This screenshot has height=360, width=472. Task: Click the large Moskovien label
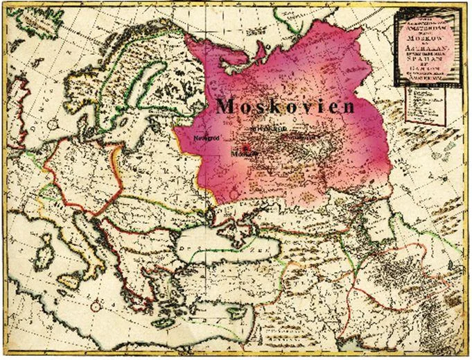point(285,106)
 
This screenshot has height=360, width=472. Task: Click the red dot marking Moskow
point(245,148)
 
